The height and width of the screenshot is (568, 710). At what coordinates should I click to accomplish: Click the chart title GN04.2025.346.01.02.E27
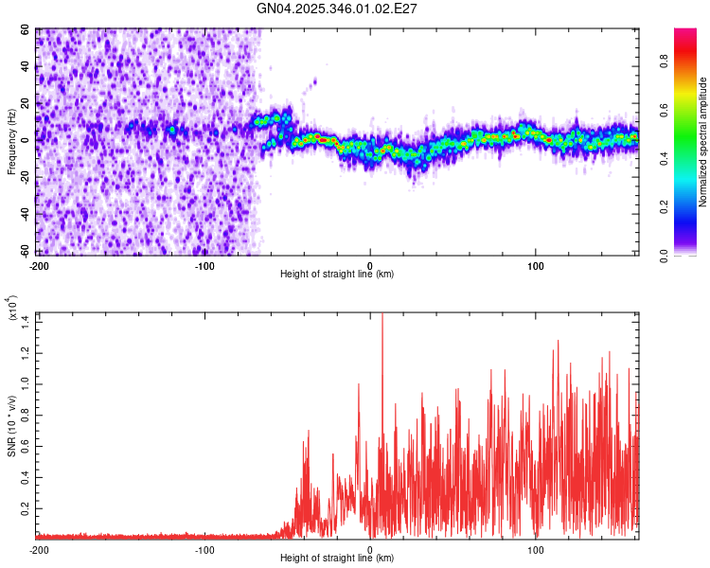click(x=338, y=9)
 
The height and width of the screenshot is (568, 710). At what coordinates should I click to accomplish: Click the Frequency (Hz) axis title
click(x=11, y=142)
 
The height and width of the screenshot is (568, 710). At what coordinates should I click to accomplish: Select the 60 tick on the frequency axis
click(x=27, y=30)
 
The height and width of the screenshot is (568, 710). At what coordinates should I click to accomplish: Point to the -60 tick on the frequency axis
click(x=26, y=251)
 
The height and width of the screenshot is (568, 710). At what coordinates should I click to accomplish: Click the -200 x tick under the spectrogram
click(x=39, y=265)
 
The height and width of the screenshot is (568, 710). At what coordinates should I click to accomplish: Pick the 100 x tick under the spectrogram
click(x=536, y=265)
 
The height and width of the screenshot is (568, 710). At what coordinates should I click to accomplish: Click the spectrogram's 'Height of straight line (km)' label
click(x=337, y=275)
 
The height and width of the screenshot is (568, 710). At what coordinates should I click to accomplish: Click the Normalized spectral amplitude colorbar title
click(x=703, y=142)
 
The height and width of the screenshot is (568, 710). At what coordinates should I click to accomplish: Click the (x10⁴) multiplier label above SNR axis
click(x=11, y=311)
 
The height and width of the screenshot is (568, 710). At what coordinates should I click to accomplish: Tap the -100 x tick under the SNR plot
click(x=204, y=549)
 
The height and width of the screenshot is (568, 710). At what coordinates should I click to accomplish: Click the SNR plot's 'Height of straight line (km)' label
click(x=337, y=559)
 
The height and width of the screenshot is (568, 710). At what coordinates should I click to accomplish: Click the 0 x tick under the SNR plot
click(x=370, y=549)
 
